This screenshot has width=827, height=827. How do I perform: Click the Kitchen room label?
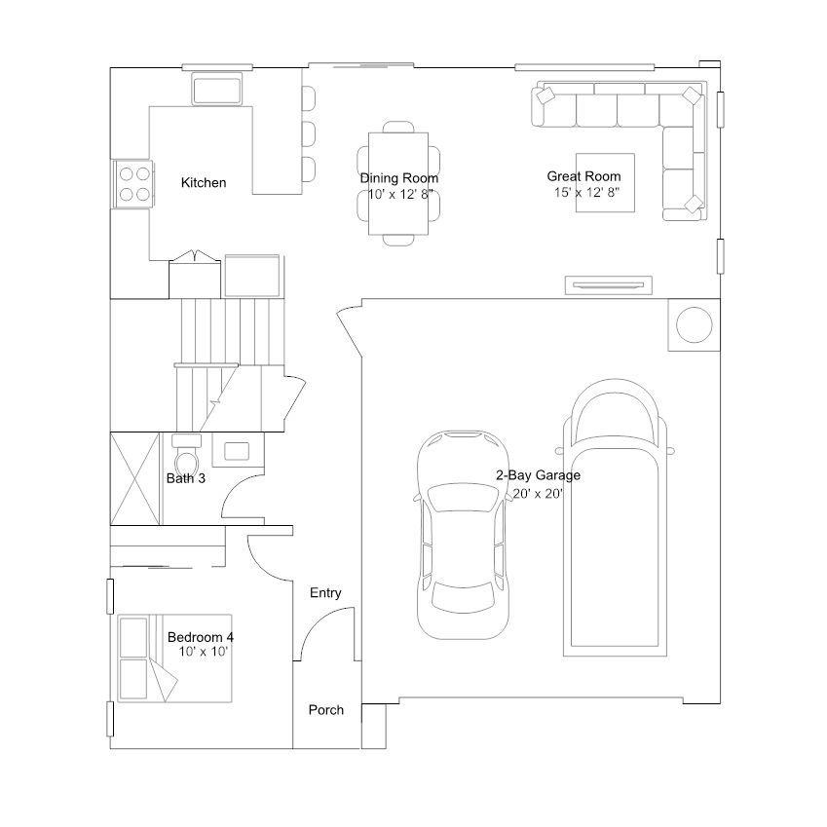pyautogui.click(x=204, y=182)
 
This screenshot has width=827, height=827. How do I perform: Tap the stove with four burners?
pyautogui.click(x=133, y=184)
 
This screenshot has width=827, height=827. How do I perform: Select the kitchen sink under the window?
pyautogui.click(x=217, y=90)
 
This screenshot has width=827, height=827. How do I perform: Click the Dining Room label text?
pyautogui.click(x=398, y=177)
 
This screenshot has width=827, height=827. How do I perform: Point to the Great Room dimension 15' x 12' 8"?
pyautogui.click(x=586, y=192)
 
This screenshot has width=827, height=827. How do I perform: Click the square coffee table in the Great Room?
pyautogui.click(x=605, y=182)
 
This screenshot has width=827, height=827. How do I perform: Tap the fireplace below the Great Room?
pyautogui.click(x=608, y=285)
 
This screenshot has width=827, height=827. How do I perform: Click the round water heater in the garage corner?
pyautogui.click(x=695, y=325)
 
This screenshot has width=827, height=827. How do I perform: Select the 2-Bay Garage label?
pyautogui.click(x=538, y=475)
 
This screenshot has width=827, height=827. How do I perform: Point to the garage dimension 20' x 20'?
pyautogui.click(x=538, y=494)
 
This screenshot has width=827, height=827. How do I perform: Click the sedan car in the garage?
pyautogui.click(x=463, y=535)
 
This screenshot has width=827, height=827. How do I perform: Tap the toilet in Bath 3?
pyautogui.click(x=186, y=456)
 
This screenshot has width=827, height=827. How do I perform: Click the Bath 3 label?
pyautogui.click(x=186, y=478)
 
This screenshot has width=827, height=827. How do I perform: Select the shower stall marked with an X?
pyautogui.click(x=134, y=478)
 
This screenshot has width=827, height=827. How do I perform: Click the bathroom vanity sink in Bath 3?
pyautogui.click(x=237, y=451)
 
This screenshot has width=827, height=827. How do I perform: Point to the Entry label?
pyautogui.click(x=325, y=593)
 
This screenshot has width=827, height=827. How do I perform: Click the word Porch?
pyautogui.click(x=326, y=710)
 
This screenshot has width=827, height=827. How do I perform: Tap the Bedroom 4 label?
pyautogui.click(x=201, y=637)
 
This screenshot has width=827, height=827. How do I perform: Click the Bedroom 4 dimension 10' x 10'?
pyautogui.click(x=203, y=652)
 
